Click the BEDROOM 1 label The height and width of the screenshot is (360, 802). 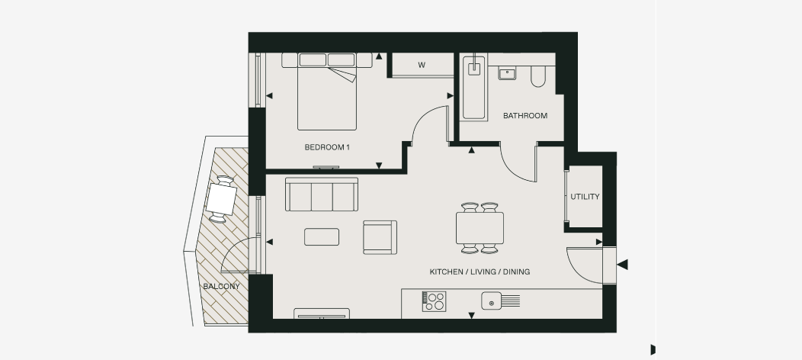coord(326,146)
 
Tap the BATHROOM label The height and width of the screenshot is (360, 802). coord(525,116)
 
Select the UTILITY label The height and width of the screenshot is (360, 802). coord(585,197)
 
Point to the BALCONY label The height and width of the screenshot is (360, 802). coord(221,287)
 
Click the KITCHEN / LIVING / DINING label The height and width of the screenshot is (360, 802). coord(480,272)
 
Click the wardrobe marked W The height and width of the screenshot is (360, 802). coord(421,65)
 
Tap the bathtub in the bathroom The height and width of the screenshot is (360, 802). coord(474,88)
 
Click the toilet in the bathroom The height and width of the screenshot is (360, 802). coord(538,74)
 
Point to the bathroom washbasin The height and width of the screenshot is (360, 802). coord(508,73)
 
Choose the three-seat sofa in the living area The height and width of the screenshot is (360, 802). coord(321,194)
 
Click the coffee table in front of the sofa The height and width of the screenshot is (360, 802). coord(322,237)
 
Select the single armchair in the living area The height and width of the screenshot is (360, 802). coord(380,236)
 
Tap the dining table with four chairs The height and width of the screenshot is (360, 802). coord(480,227)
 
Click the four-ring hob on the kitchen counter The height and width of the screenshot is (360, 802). coord(435,301)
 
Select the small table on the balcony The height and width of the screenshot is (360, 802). coord(222,200)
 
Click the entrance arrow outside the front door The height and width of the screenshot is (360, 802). coord(622,265)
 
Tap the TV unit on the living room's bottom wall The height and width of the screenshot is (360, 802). coord(322,313)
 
